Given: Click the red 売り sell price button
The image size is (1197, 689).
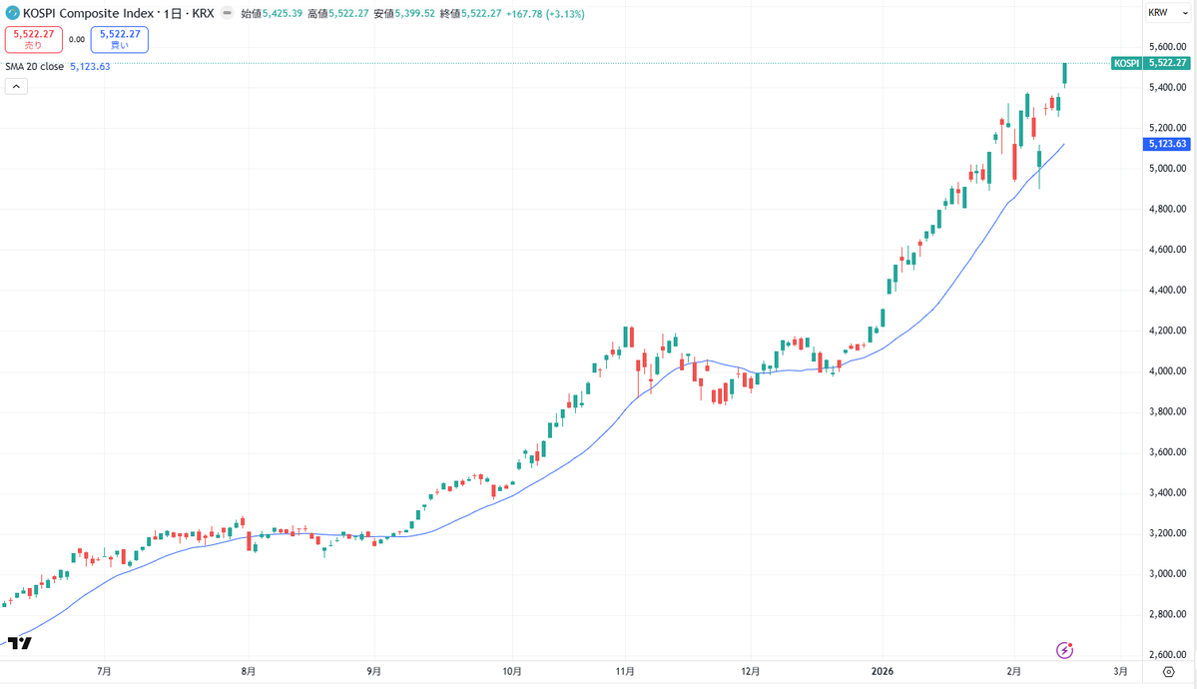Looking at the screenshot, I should (x=34, y=40).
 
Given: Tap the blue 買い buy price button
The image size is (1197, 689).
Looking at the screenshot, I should (x=119, y=40).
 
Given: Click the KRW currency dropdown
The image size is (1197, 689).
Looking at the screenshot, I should (x=1161, y=13).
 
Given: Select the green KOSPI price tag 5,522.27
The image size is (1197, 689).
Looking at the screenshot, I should (x=1150, y=63).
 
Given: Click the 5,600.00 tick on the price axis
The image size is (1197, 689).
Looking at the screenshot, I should (x=1167, y=47).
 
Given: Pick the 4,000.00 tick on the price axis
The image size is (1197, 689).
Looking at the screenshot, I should (x=1167, y=370).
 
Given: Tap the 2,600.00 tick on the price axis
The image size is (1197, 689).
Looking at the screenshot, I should (x=1167, y=654).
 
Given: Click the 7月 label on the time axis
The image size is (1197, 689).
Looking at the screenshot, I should (x=104, y=671).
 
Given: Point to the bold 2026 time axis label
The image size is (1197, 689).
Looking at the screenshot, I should (x=884, y=671).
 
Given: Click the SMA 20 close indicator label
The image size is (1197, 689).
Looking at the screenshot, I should (x=34, y=67).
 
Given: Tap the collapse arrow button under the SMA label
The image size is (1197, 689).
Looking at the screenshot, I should (x=16, y=86).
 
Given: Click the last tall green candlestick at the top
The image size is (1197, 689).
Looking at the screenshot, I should (x=1064, y=74).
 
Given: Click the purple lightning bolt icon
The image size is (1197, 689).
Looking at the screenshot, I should (x=1064, y=650).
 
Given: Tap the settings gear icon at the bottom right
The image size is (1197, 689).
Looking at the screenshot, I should (x=1168, y=671).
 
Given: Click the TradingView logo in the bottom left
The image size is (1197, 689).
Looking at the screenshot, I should (x=19, y=642).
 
